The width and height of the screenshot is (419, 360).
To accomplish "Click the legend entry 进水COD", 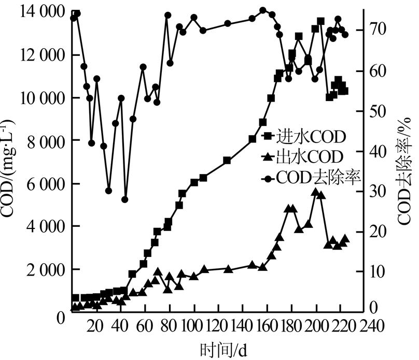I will pos(306,137).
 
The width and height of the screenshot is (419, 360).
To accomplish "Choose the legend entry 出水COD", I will pos(306,157).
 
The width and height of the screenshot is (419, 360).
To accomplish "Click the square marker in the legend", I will pos(268,137).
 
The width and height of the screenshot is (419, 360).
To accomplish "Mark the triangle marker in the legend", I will pos(268,156).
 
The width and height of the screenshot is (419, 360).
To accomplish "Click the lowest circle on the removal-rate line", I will pos(125,199).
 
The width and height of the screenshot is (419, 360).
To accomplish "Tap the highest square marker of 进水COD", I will pos(320,21).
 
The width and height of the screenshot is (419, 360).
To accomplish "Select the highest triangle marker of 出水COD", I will pos(315,192).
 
